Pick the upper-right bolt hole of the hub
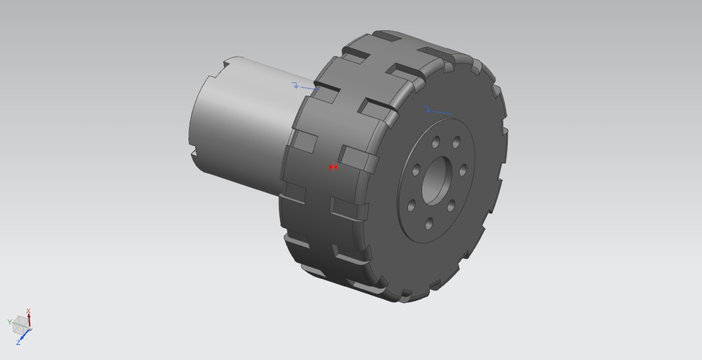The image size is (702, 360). pos(456,142)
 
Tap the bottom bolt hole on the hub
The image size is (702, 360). pos(429,222)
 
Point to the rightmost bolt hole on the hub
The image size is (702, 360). pos(464,169)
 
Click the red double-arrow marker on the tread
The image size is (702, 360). pos(333,167)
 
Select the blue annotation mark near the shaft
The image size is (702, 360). pos(301,86)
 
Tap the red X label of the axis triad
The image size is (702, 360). pos(29,310)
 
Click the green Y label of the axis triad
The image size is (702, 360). pos(10,321)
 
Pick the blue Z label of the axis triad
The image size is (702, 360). pos(18,342)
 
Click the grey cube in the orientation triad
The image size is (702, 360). pos(20,323)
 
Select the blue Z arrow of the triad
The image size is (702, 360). pos(24,335)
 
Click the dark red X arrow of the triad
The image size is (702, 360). pos(29,319)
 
